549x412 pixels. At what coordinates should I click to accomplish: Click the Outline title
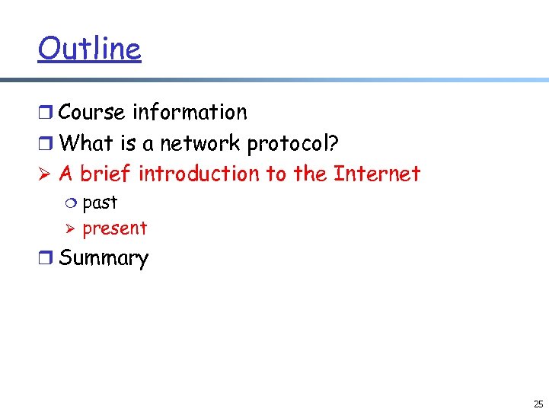pyautogui.click(x=89, y=49)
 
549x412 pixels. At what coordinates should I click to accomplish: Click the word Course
pyautogui.click(x=91, y=112)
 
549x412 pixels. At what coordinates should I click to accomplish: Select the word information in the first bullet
pyautogui.click(x=190, y=112)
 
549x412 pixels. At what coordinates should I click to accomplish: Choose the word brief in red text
pyautogui.click(x=106, y=174)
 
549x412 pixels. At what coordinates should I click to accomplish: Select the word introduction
pyautogui.click(x=199, y=174)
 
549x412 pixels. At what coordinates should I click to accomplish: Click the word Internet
pyautogui.click(x=377, y=174)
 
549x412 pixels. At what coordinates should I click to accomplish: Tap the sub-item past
pyautogui.click(x=100, y=203)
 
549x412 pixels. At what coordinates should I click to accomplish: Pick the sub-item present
pyautogui.click(x=114, y=228)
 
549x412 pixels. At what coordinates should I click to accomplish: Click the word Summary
pyautogui.click(x=104, y=258)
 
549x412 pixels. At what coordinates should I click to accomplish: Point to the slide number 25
pyautogui.click(x=538, y=404)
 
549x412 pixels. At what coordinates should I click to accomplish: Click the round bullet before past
pyautogui.click(x=72, y=203)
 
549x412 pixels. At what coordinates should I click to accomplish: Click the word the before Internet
pyautogui.click(x=310, y=174)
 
